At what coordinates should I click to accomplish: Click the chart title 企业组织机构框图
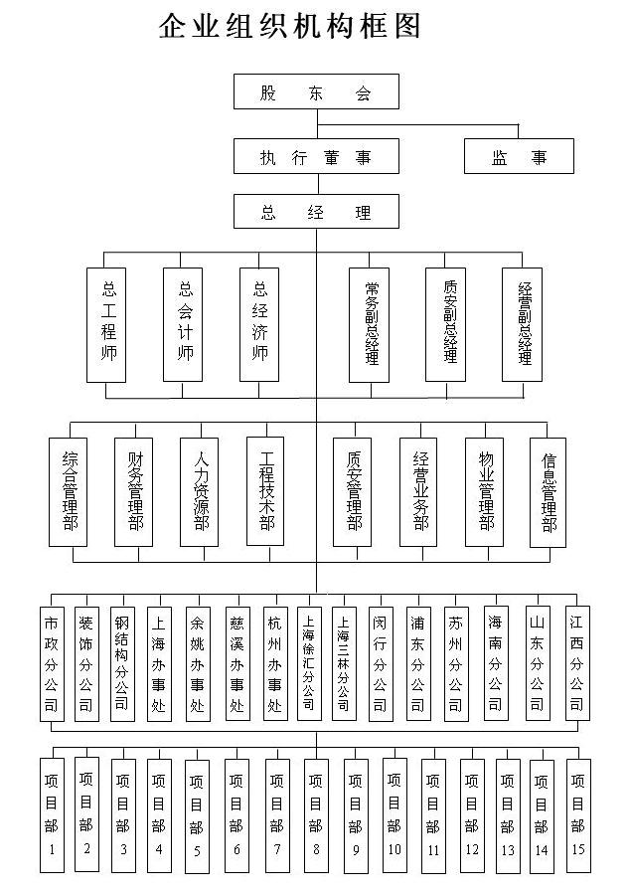289,26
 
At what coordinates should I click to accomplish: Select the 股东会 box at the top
316,91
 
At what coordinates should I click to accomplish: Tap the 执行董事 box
316,156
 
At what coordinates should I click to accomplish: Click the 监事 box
519,156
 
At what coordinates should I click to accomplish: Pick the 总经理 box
316,212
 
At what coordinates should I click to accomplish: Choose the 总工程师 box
106,325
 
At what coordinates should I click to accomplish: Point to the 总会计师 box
183,324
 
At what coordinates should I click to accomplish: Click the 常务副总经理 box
370,324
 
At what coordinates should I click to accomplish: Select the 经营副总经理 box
523,324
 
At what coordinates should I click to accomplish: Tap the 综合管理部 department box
68,492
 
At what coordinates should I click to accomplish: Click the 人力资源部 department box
199,492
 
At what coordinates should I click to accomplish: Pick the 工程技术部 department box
265,491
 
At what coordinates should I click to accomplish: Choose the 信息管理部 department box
548,492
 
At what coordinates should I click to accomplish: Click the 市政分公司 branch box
52,663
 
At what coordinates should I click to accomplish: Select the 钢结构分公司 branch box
122,663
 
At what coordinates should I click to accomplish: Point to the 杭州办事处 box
274,663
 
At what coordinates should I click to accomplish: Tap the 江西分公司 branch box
577,663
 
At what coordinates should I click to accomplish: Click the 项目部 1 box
52,815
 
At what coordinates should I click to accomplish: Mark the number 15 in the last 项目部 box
578,849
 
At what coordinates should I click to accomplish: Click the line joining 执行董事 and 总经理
319,184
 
